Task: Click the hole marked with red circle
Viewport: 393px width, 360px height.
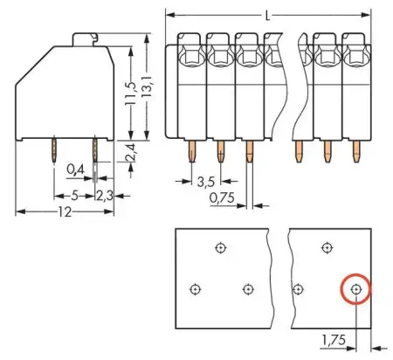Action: click(355, 288)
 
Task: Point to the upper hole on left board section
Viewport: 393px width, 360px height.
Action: click(220, 247)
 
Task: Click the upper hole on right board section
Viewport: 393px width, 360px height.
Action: click(326, 247)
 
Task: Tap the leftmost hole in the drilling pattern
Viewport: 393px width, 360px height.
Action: click(195, 288)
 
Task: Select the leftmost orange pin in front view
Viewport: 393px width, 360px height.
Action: click(191, 154)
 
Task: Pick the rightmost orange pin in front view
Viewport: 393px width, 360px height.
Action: click(355, 154)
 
